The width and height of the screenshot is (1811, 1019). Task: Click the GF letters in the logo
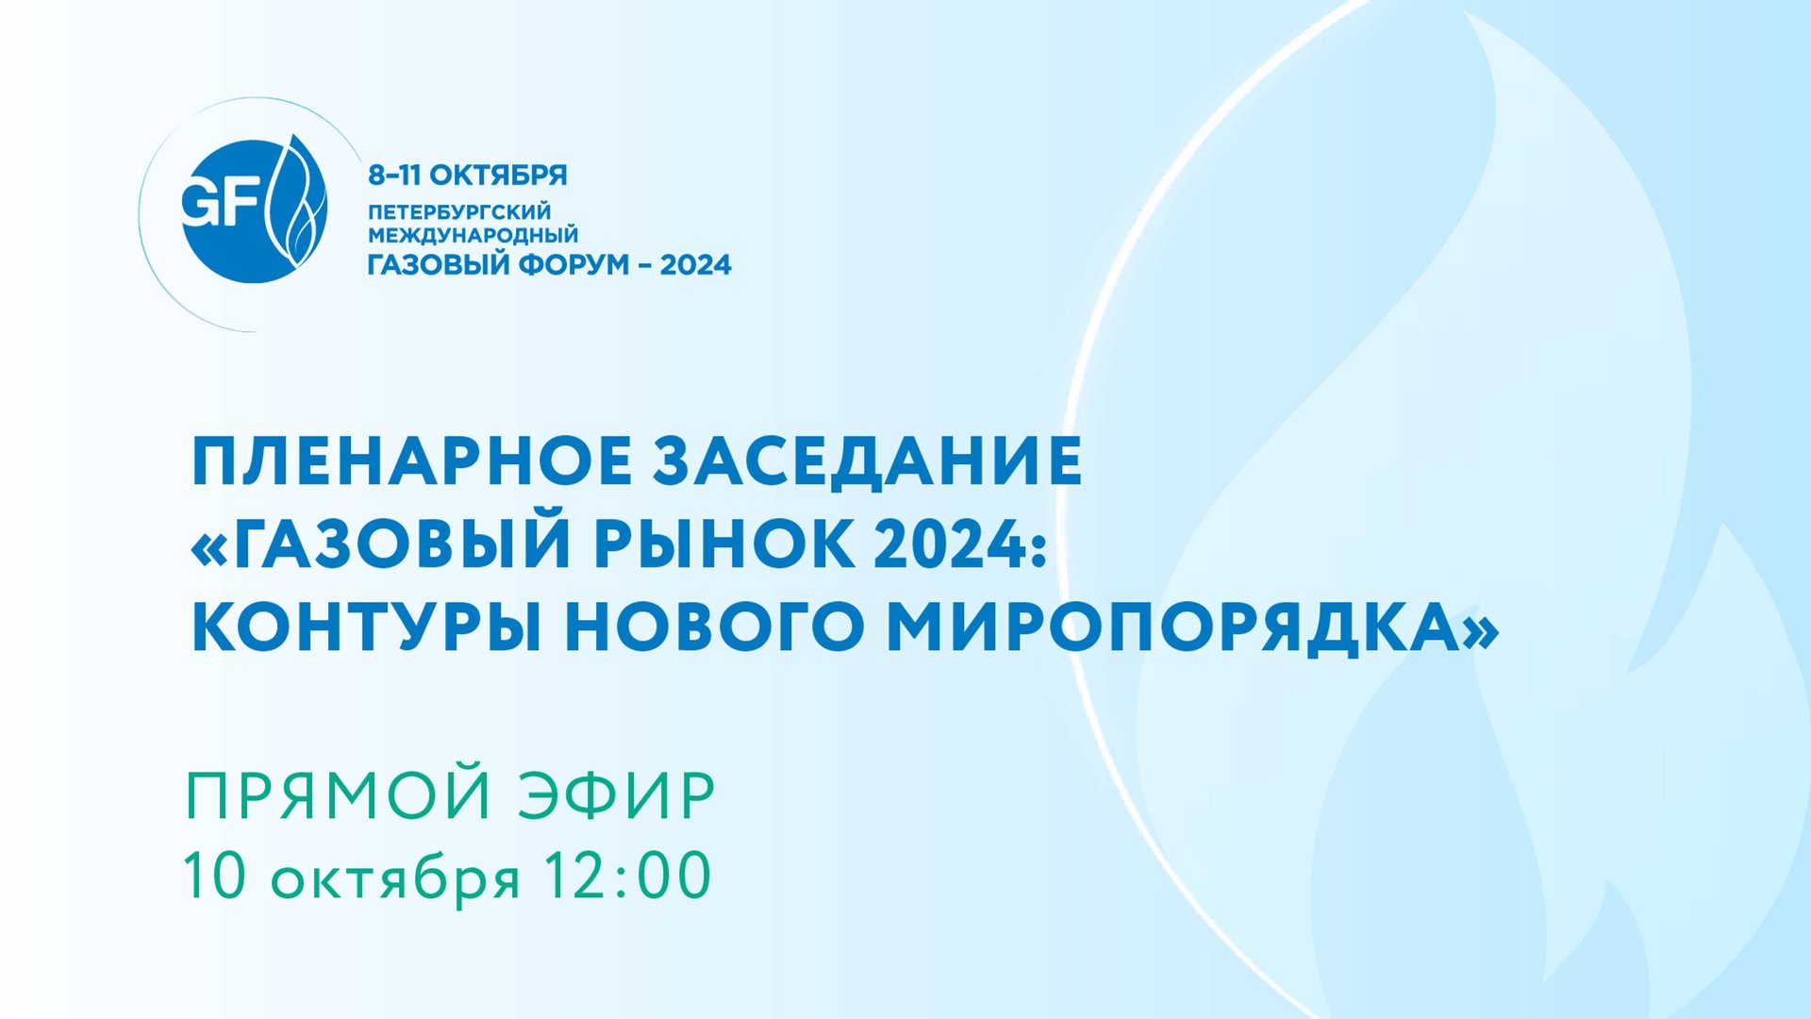(218, 202)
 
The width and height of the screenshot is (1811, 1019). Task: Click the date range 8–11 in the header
(396, 175)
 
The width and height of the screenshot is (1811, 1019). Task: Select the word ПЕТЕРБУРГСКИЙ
(459, 211)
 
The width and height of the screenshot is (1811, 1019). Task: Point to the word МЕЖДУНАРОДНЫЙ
(473, 235)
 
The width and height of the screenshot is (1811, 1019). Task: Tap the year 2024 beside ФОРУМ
(695, 264)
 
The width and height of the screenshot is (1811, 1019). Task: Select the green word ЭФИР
(617, 795)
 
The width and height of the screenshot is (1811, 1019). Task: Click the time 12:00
(626, 876)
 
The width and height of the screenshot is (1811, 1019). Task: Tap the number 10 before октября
(215, 876)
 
